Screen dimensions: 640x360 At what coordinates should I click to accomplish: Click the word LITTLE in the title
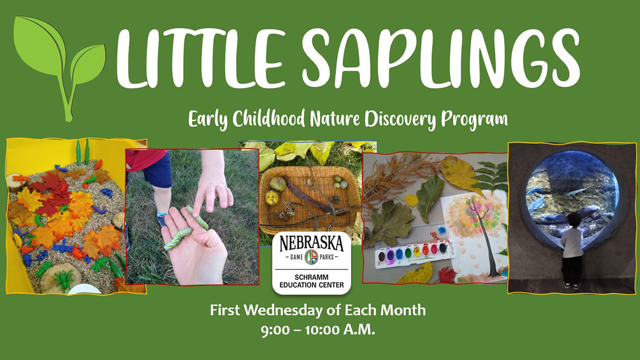coord(201,58)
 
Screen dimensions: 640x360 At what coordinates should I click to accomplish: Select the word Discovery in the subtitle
coord(401,119)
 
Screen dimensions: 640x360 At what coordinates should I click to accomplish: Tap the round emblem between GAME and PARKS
coord(311,257)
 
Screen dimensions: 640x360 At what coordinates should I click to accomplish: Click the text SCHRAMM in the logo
coord(311,277)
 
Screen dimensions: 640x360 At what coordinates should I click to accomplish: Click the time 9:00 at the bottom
coord(275,331)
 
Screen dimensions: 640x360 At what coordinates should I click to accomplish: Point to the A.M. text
coord(359,330)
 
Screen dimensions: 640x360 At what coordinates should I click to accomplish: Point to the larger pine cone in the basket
coord(290,208)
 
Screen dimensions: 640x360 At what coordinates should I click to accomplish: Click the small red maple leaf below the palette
coord(447,275)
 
